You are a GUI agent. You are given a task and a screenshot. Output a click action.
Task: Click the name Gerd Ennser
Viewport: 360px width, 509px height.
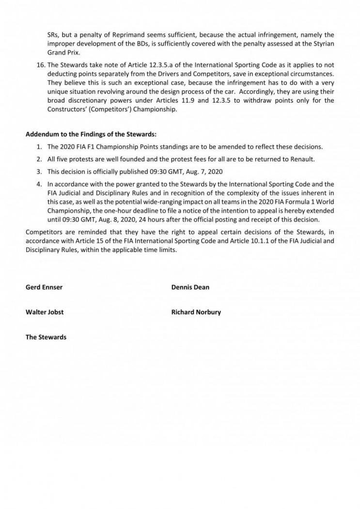[44, 287]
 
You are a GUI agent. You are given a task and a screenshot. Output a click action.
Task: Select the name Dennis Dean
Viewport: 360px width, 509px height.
[190, 287]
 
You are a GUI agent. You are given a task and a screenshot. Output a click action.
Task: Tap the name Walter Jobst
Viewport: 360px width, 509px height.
[44, 312]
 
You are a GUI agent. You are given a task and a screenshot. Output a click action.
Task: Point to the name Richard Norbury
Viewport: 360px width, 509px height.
[196, 312]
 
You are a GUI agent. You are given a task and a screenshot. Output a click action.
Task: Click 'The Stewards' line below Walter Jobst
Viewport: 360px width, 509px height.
[46, 337]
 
